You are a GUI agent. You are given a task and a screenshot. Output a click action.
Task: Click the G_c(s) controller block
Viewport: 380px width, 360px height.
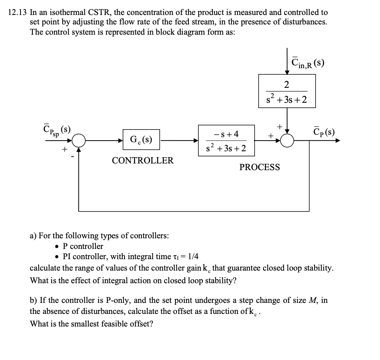click(x=142, y=140)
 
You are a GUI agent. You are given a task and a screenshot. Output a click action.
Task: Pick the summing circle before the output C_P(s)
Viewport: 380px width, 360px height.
click(x=287, y=140)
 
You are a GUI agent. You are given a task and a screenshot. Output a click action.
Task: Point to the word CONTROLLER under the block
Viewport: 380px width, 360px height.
click(x=143, y=161)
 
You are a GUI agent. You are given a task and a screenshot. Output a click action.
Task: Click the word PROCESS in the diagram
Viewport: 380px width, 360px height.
click(x=260, y=167)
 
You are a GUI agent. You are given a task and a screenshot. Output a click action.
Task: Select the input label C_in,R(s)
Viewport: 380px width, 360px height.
click(x=307, y=63)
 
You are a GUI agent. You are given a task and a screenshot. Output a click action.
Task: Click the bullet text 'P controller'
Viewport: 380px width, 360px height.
click(x=83, y=247)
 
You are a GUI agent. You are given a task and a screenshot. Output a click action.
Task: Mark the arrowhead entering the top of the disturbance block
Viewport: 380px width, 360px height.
click(x=287, y=71)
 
